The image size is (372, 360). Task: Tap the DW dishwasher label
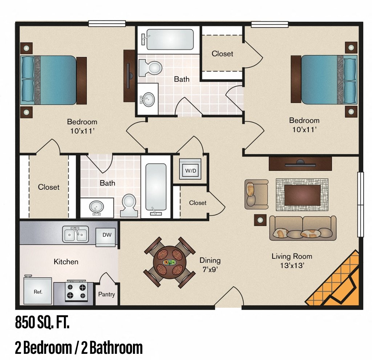tap(106, 235)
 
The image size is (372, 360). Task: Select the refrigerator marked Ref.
tap(38, 291)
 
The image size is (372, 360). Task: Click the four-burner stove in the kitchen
tap(77, 292)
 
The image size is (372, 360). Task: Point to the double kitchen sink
tap(75, 234)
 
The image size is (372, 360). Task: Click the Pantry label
tap(106, 294)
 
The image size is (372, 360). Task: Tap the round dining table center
tap(169, 262)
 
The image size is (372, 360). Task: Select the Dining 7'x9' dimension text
tap(210, 265)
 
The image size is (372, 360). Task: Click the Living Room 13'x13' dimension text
tap(291, 261)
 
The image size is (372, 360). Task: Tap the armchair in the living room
tap(255, 194)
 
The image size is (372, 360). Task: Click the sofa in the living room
tap(302, 228)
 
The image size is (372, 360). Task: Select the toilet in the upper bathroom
tap(151, 68)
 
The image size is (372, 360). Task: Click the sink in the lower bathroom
tap(96, 207)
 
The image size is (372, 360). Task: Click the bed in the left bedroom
tap(53, 80)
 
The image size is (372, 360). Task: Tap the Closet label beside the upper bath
tap(222, 54)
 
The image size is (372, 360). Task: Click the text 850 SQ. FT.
tap(42, 322)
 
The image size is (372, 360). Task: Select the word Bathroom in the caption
tap(116, 348)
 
